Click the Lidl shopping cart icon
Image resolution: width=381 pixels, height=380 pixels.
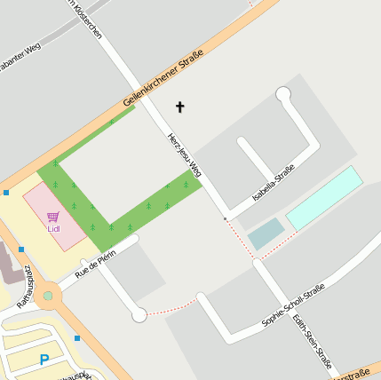pyautogui.click(x=53, y=216)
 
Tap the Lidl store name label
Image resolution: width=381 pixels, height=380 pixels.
pyautogui.click(x=53, y=228)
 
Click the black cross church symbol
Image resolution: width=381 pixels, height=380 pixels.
pyautogui.click(x=179, y=107)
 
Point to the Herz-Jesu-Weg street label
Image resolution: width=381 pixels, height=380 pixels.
pyautogui.click(x=185, y=155)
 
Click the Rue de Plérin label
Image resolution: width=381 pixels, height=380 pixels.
pyautogui.click(x=95, y=265)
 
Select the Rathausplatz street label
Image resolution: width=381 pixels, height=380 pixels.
pyautogui.click(x=23, y=286)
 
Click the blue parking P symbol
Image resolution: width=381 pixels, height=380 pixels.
pyautogui.click(x=44, y=360)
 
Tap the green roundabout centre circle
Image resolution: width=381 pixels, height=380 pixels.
pyautogui.click(x=47, y=296)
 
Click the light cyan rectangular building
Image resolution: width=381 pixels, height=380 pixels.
pyautogui.click(x=324, y=197)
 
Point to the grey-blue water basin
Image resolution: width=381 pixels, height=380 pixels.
pyautogui.click(x=266, y=234)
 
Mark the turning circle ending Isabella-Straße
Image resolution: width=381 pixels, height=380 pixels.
pyautogui.click(x=283, y=94)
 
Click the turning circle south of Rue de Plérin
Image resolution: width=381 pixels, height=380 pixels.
pyautogui.click(x=139, y=314)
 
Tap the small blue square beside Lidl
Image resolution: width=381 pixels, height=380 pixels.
pyautogui.click(x=6, y=192)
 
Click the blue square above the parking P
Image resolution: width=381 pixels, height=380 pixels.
pyautogui.click(x=77, y=338)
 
